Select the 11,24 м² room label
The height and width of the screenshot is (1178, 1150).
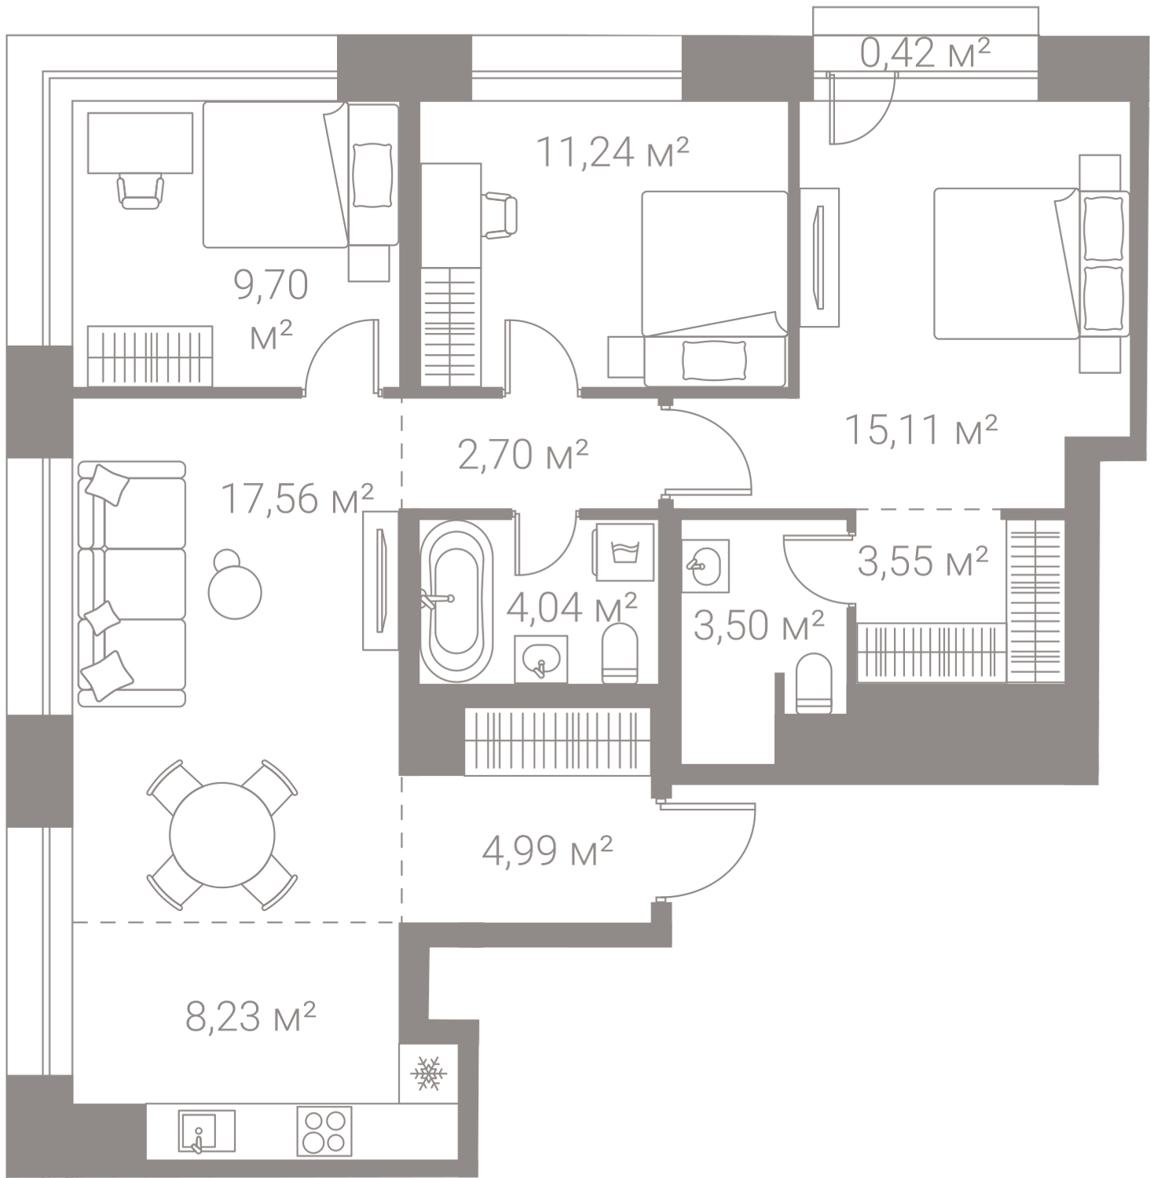pyautogui.click(x=613, y=152)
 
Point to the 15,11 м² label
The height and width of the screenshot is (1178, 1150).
pyautogui.click(x=921, y=430)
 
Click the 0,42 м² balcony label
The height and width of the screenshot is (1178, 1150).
pyautogui.click(x=925, y=54)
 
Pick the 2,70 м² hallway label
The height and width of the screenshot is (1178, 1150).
pyautogui.click(x=523, y=454)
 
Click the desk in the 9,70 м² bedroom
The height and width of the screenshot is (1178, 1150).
pyautogui.click(x=140, y=142)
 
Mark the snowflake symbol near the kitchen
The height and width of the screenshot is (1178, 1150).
pyautogui.click(x=427, y=1073)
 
